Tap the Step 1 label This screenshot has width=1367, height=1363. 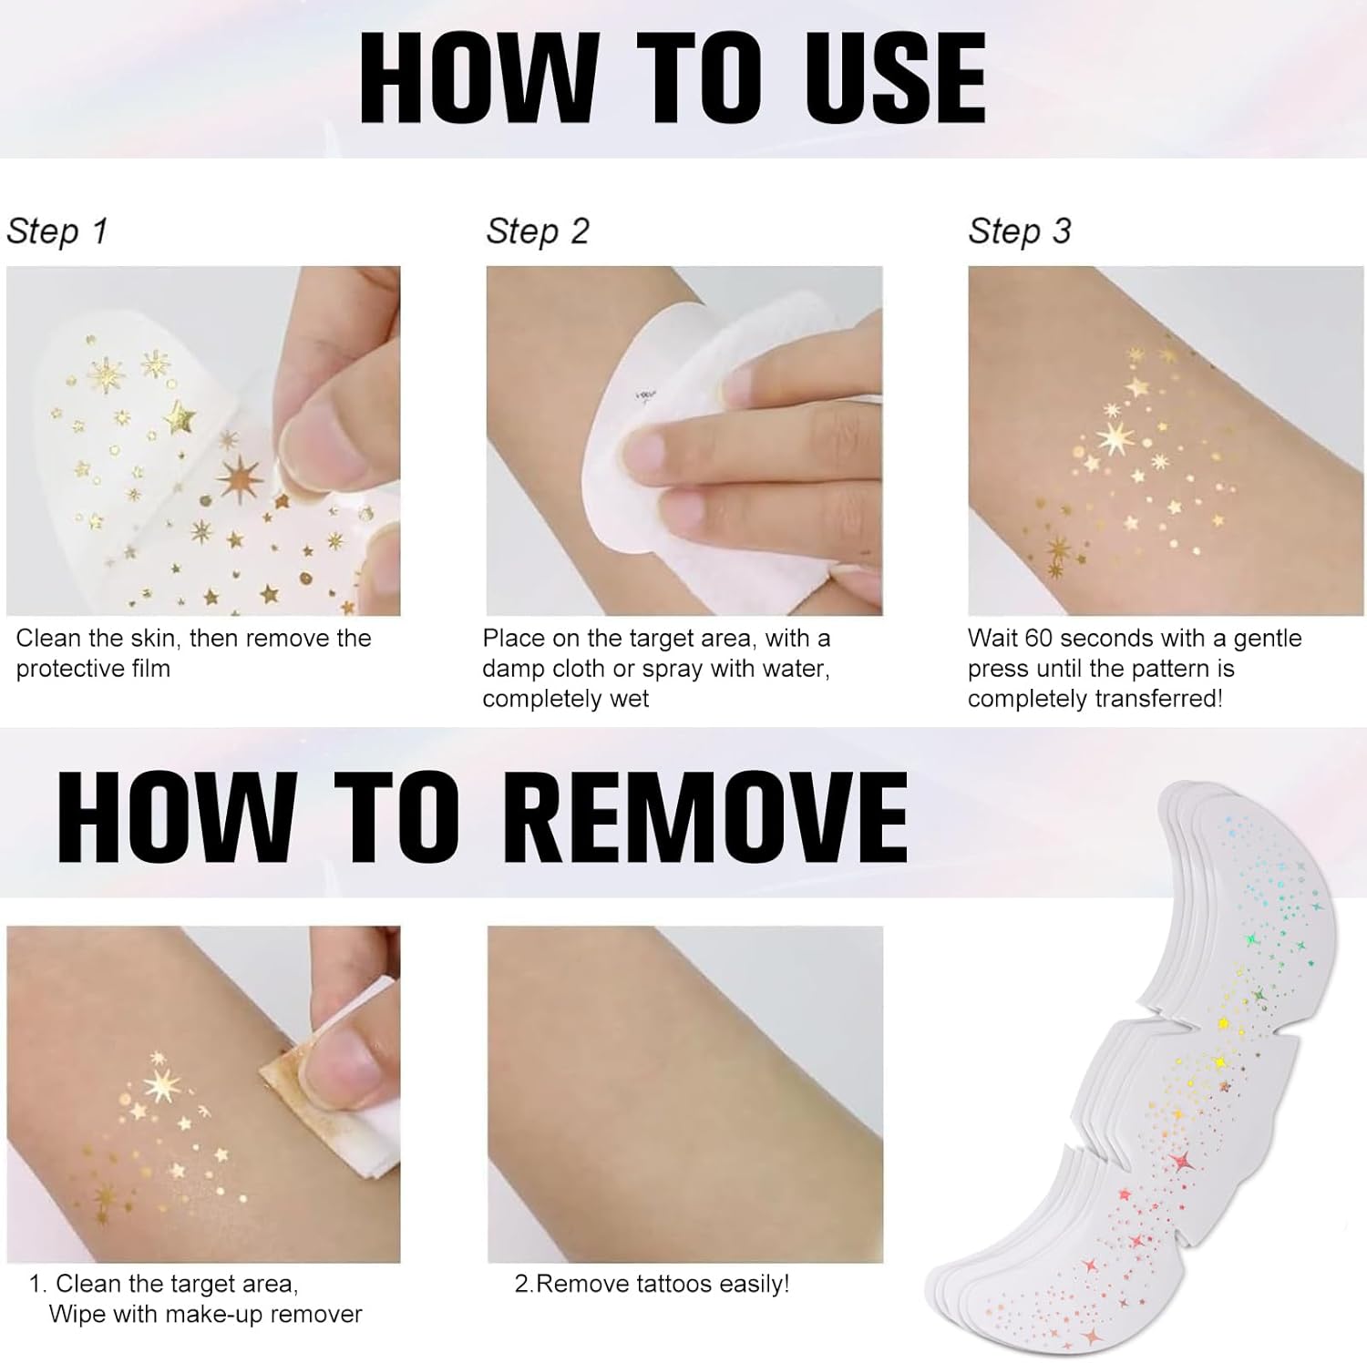[x=57, y=232]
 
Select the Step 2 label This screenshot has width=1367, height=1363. [x=538, y=232]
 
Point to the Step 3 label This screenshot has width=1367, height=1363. [x=1019, y=232]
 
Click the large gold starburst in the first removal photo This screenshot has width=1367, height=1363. [x=163, y=1083]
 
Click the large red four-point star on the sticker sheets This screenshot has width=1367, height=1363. [x=1183, y=1160]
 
